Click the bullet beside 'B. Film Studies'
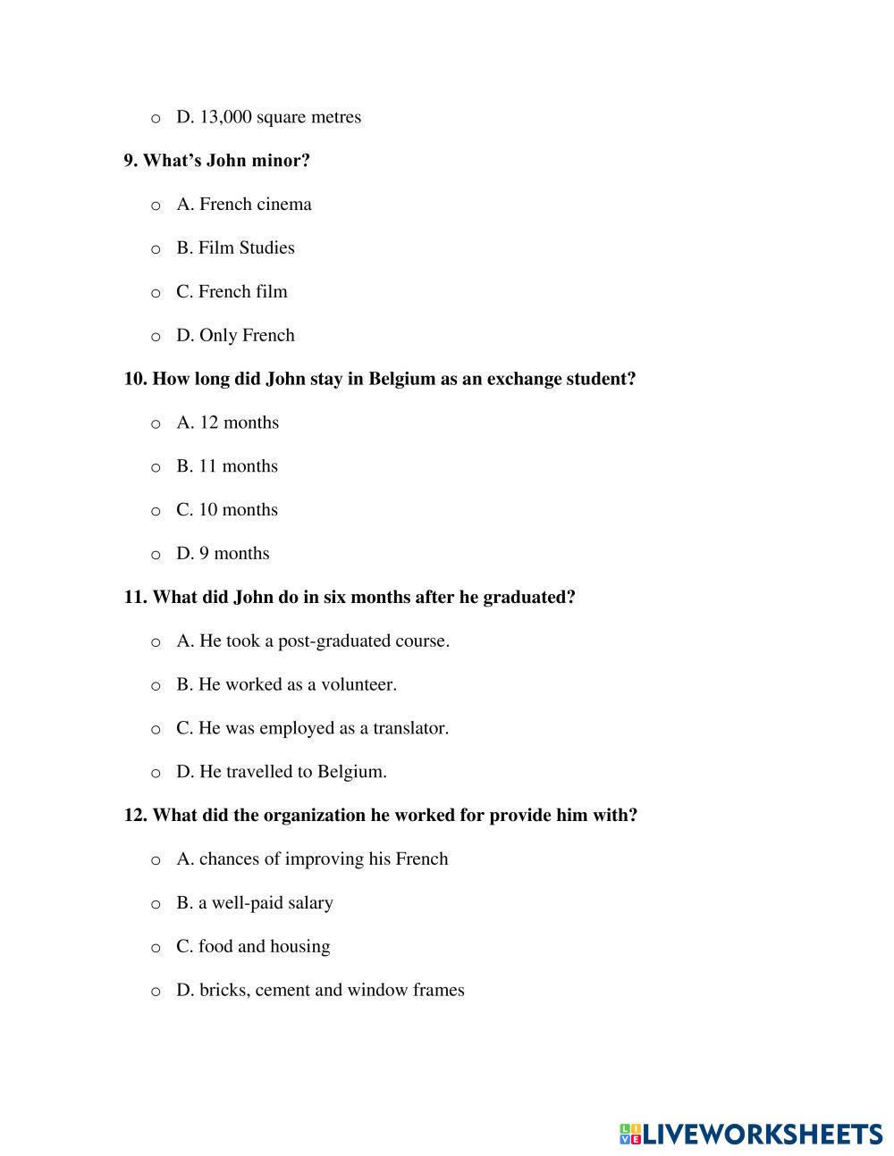[156, 248]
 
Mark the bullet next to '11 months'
[156, 467]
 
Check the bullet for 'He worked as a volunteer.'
[156, 685]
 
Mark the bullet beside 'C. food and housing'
[156, 948]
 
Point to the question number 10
[134, 379]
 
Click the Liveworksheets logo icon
[629, 1135]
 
